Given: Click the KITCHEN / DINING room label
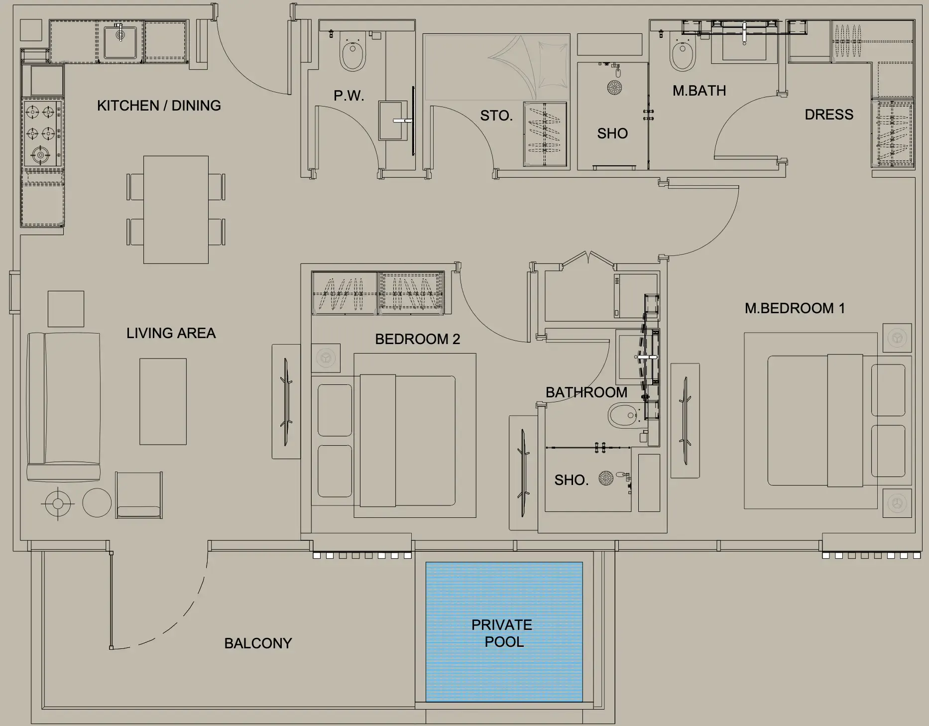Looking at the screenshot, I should [x=159, y=106].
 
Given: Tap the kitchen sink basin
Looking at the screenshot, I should [x=120, y=42].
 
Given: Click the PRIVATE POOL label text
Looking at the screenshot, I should [x=502, y=633].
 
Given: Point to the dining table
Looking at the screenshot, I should [x=176, y=210].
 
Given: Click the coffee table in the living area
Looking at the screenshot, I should [x=163, y=401].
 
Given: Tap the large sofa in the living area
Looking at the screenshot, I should [x=64, y=406].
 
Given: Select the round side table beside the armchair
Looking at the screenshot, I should [x=97, y=503].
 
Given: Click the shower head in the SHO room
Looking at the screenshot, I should [x=614, y=88].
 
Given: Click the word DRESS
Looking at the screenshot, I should [x=829, y=115].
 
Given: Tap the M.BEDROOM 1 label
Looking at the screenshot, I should [x=795, y=308].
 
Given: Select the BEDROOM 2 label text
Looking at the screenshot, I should [x=417, y=339].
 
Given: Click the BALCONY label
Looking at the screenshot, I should [x=258, y=643].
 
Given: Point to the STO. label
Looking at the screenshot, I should [x=496, y=116].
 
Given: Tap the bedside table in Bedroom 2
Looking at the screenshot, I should [x=326, y=358].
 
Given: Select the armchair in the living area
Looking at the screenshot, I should [x=139, y=495].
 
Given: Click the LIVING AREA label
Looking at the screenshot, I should [x=171, y=333].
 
